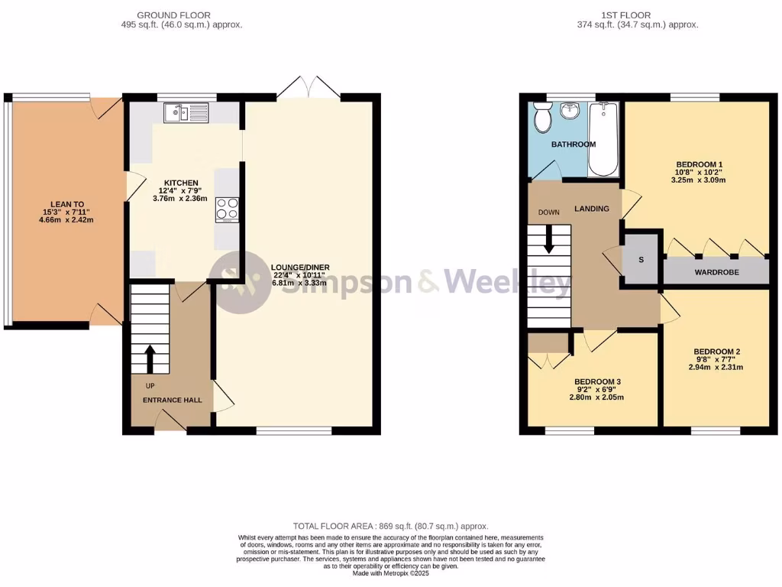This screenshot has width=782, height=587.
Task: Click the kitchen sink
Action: (x=186, y=113)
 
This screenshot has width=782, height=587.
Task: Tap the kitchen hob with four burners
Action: (x=227, y=209)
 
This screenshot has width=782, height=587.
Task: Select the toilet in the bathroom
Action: (x=544, y=118)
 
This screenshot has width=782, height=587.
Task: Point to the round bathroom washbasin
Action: (x=570, y=112)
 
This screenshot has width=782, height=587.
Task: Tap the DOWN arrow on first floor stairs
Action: (x=549, y=241)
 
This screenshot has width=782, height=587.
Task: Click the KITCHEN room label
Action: (x=179, y=183)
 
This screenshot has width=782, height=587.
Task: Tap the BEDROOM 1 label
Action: (x=699, y=164)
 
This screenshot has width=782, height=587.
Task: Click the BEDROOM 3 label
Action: (x=597, y=381)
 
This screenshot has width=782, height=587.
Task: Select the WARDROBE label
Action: (x=716, y=271)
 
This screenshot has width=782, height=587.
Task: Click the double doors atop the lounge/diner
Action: (x=309, y=87)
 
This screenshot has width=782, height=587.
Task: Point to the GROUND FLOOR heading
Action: (x=173, y=15)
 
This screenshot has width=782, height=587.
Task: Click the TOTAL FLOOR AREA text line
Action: (x=390, y=526)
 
